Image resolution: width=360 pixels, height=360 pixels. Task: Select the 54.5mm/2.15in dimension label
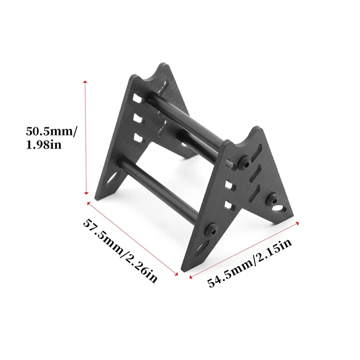(x=250, y=264)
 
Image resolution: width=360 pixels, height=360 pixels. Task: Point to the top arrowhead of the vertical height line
(x=85, y=83)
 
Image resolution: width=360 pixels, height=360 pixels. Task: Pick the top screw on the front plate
(x=245, y=160)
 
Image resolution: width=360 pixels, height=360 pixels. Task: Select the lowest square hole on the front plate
(x=229, y=206)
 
